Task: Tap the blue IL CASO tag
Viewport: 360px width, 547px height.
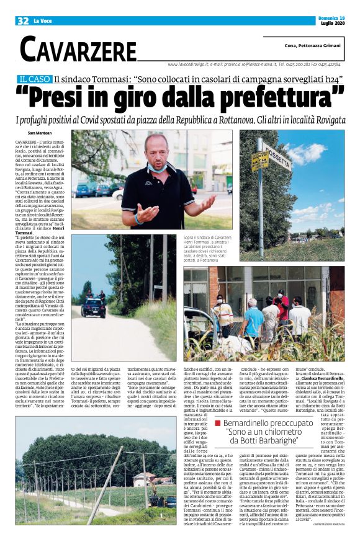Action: (34, 79)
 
